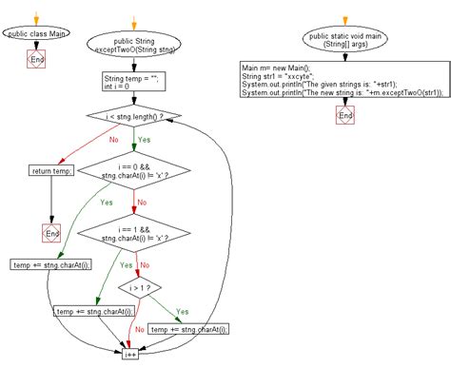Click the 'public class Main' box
click(x=36, y=34)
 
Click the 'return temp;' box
click(x=52, y=171)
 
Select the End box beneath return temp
click(x=52, y=231)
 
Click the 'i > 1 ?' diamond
click(x=139, y=284)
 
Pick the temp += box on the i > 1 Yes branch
click(x=191, y=328)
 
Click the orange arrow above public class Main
click(x=36, y=17)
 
